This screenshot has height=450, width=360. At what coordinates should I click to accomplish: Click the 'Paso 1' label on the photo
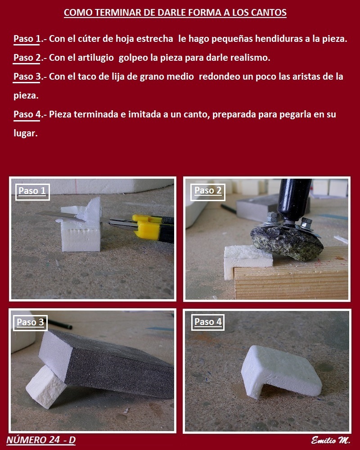tap(32, 191)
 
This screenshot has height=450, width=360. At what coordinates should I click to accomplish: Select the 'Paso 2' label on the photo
tap(208, 190)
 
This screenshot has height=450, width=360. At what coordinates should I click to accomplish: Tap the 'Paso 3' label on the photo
tap(30, 322)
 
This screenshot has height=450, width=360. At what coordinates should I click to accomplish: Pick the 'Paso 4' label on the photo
tap(208, 322)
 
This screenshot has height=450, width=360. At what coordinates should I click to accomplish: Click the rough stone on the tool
tap(287, 243)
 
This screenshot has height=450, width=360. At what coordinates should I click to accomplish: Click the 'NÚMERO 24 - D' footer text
tap(41, 440)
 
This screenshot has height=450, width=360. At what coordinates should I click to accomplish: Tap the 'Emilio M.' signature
tap(330, 440)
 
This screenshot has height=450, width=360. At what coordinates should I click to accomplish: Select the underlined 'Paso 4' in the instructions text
tap(27, 114)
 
